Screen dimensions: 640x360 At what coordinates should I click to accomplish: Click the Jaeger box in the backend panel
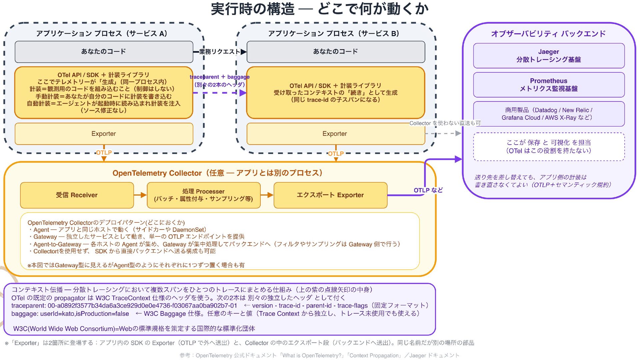(549, 56)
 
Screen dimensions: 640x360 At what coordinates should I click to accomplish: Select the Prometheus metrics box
(549, 85)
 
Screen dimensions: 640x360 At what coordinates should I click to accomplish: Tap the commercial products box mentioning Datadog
(549, 114)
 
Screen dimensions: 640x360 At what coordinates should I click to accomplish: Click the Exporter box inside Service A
(104, 134)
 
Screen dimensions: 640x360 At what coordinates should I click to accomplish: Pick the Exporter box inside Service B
(336, 134)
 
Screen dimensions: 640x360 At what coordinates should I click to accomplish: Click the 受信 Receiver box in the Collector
(77, 195)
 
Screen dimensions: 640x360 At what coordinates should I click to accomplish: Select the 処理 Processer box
(204, 195)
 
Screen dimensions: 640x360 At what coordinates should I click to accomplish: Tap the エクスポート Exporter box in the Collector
(330, 195)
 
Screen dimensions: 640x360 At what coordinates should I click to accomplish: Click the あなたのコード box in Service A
(104, 52)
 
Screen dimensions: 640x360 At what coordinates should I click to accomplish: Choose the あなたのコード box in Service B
(336, 52)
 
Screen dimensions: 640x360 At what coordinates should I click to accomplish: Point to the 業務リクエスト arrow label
(220, 52)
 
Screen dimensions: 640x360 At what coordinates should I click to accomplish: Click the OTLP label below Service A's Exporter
(104, 153)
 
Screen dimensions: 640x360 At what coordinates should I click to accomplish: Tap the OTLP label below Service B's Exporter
(336, 154)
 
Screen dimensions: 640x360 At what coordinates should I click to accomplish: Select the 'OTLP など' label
(428, 190)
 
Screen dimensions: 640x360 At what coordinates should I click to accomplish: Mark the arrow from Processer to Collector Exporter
(267, 195)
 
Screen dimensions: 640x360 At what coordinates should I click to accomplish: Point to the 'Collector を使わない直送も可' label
(445, 123)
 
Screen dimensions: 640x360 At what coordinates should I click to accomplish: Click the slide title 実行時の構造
(253, 9)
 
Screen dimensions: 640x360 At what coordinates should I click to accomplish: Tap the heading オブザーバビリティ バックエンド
(548, 34)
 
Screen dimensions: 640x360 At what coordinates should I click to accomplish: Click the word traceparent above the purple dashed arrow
(204, 77)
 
